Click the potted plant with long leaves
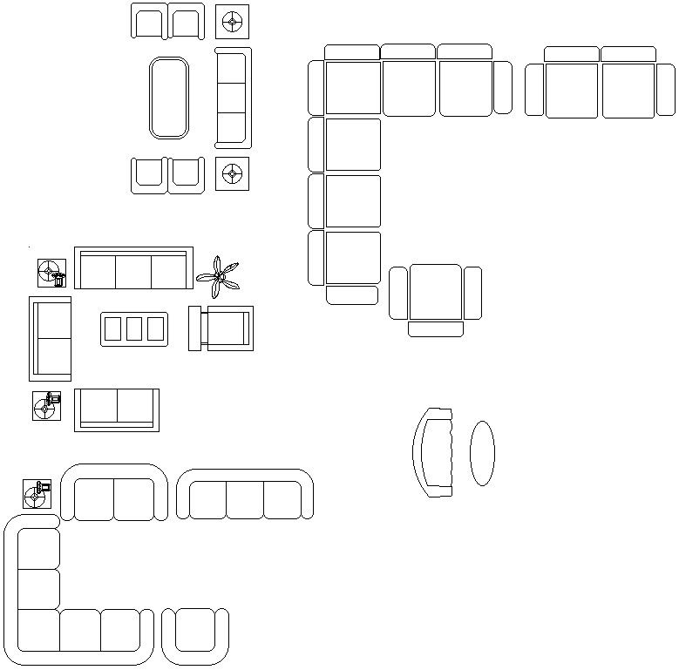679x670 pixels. coord(218,276)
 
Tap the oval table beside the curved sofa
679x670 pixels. coord(482,453)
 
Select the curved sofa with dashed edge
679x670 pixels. coord(433,452)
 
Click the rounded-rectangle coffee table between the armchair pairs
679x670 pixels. coord(168,98)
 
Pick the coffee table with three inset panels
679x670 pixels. coord(134,328)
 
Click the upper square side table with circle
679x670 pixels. coord(232,22)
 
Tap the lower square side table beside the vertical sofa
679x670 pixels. coord(232,173)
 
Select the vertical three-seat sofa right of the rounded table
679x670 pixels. coord(233,98)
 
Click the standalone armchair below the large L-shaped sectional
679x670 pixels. coord(435,295)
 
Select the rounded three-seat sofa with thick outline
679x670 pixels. coord(245,496)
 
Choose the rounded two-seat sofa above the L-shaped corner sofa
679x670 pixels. coord(113,495)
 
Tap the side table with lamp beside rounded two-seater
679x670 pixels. coord(37,494)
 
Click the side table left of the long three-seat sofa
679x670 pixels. coord(51,273)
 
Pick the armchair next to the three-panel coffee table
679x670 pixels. coord(222,328)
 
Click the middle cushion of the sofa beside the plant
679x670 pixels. coord(133,271)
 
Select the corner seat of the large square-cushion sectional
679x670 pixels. coord(352,88)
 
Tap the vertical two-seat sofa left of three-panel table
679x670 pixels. coord(50,338)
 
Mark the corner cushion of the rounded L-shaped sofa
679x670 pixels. coord(37,630)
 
